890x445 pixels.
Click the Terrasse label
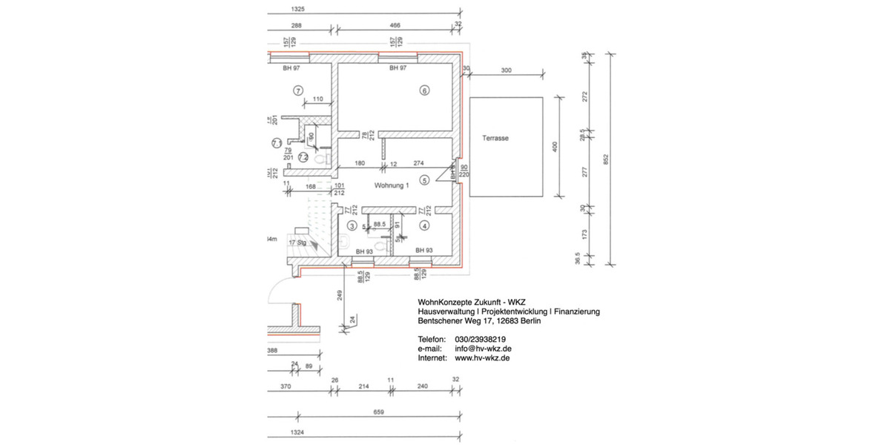point(495,138)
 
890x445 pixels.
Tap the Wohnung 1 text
point(392,185)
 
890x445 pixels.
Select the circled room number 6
point(424,91)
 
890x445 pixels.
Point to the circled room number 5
point(424,179)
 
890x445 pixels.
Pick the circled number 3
point(352,225)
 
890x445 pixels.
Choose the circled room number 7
point(298,91)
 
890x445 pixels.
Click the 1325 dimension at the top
point(299,10)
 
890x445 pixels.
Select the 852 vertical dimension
point(607,159)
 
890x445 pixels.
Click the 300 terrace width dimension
point(507,70)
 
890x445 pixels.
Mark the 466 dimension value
point(395,25)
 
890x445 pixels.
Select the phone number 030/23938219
point(480,339)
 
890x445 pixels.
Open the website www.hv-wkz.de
point(482,357)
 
